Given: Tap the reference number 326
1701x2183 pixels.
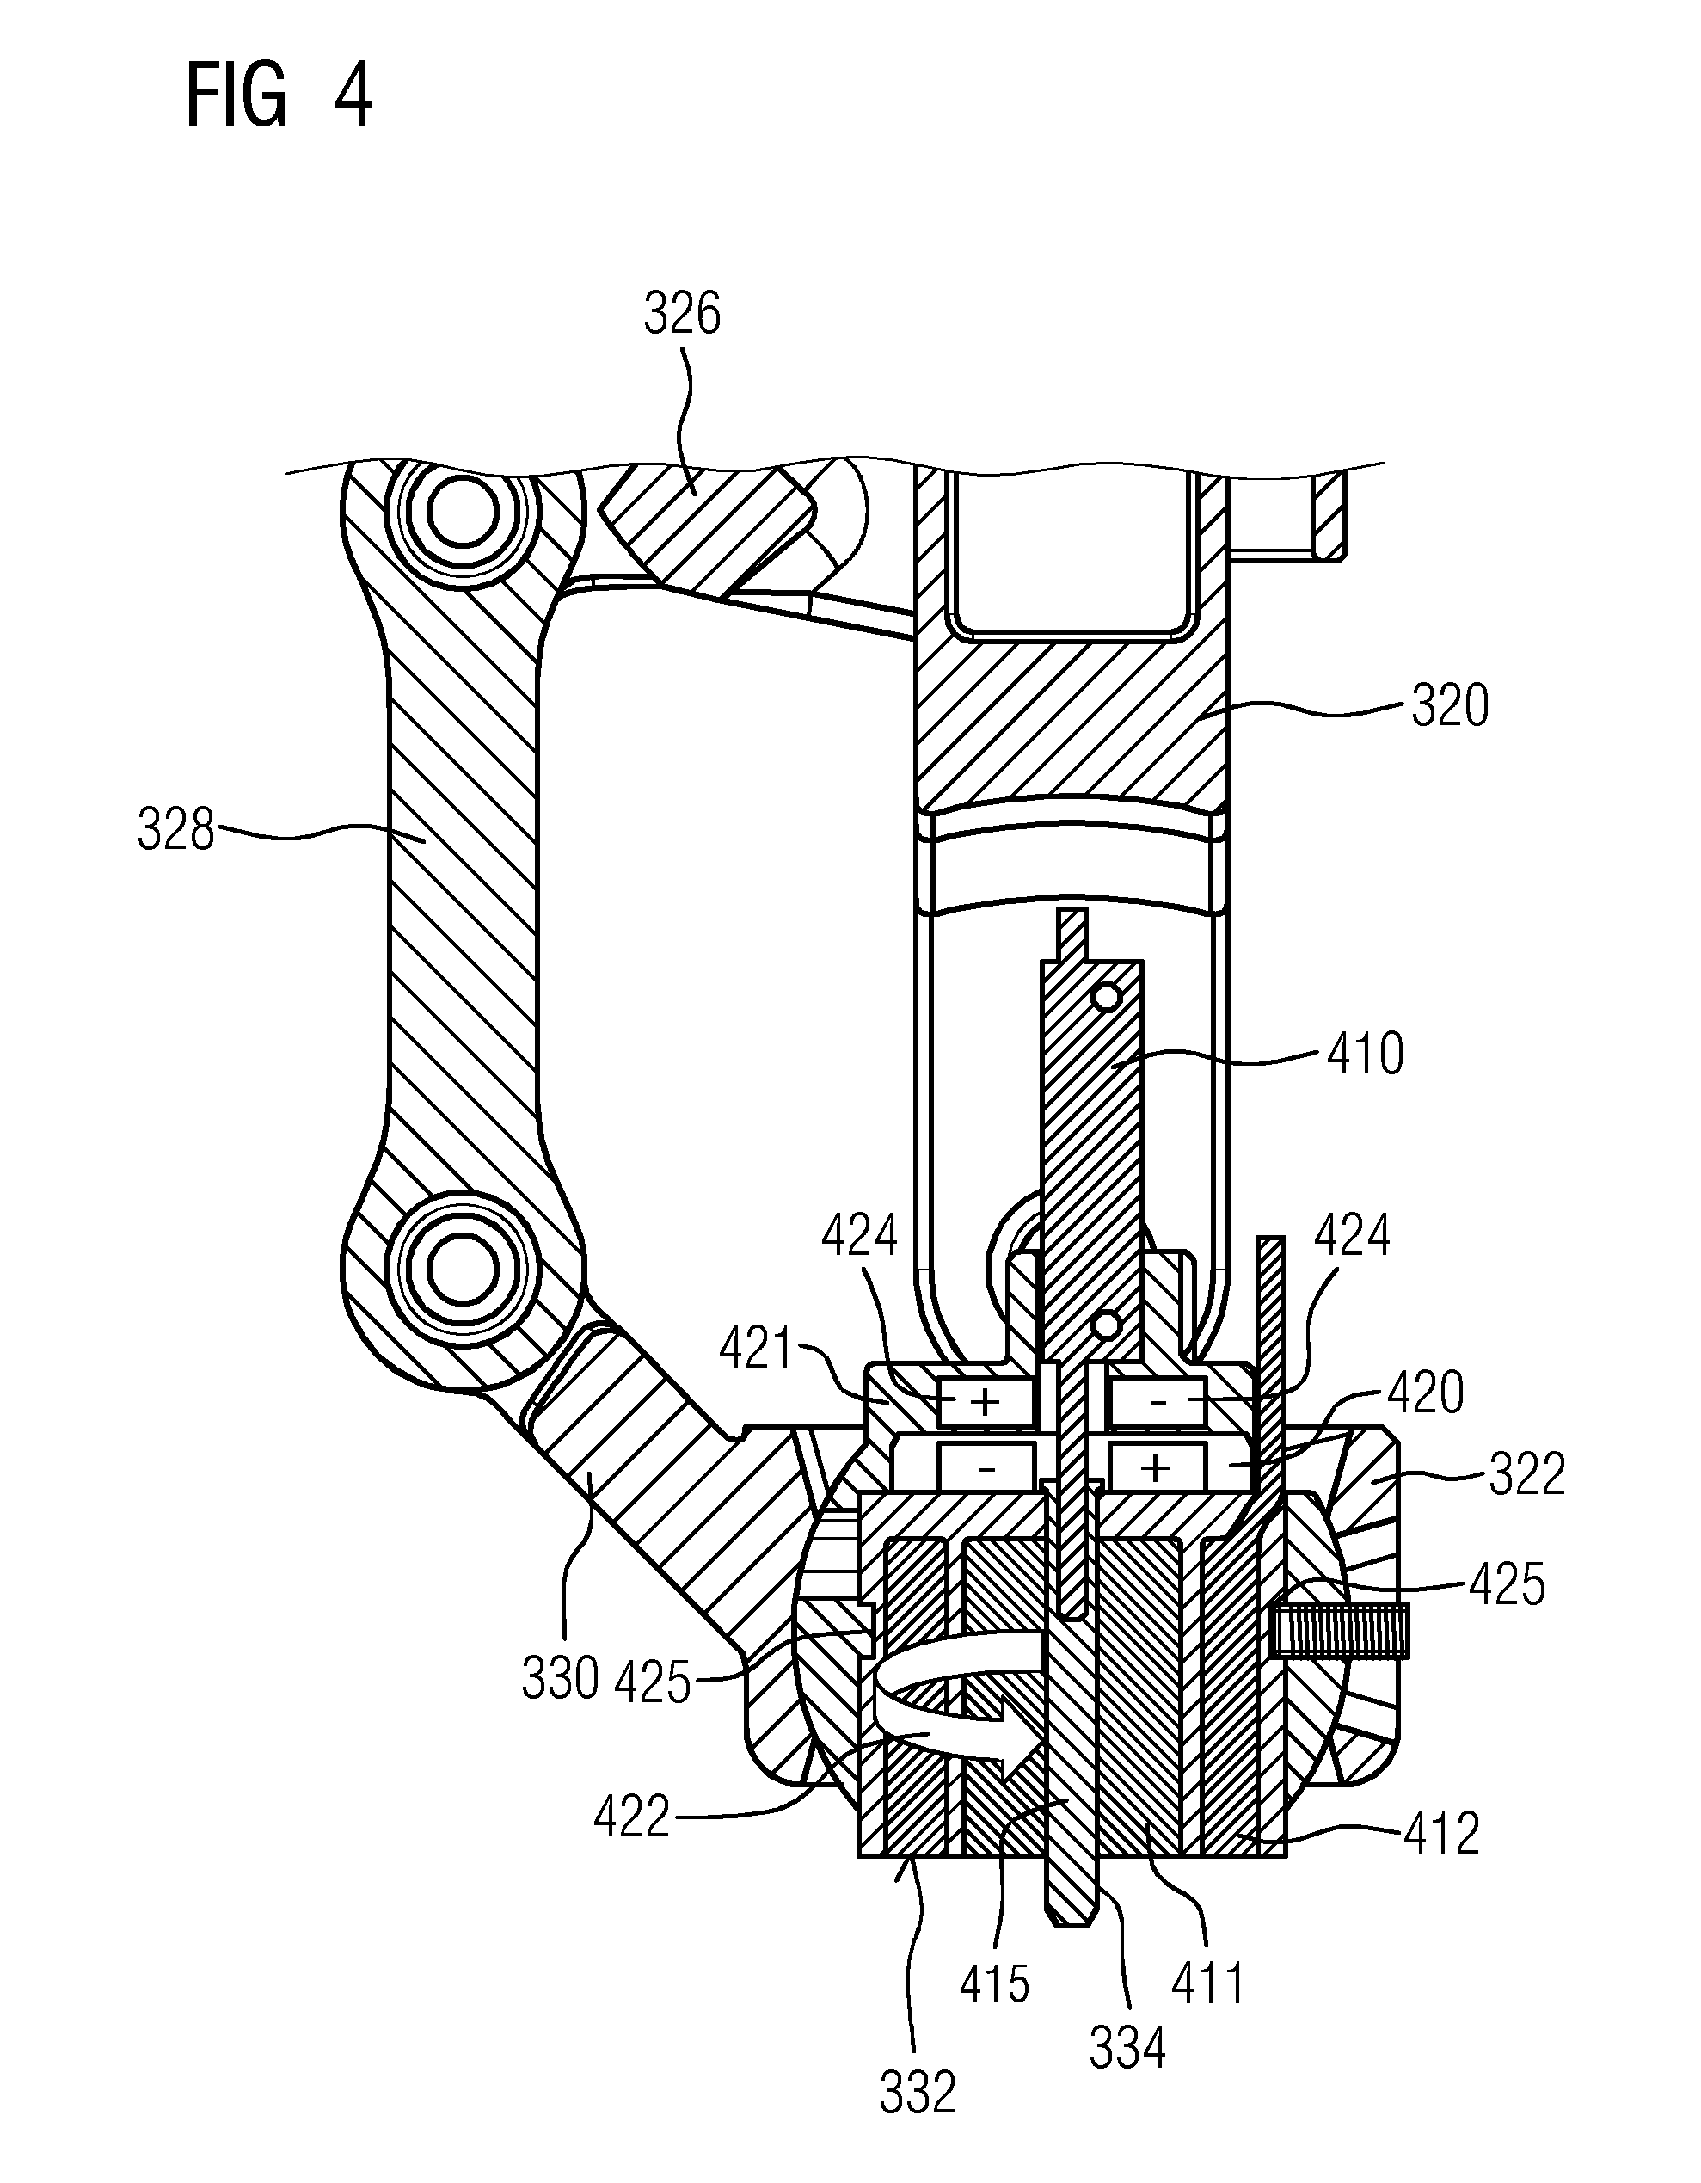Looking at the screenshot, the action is (x=682, y=315).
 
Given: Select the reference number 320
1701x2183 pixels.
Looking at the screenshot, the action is (x=1449, y=705).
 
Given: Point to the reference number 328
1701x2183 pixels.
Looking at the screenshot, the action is (x=176, y=831).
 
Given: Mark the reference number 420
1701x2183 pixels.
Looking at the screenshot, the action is (x=1425, y=1393).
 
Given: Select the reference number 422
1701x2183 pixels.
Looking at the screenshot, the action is (x=631, y=1817).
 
